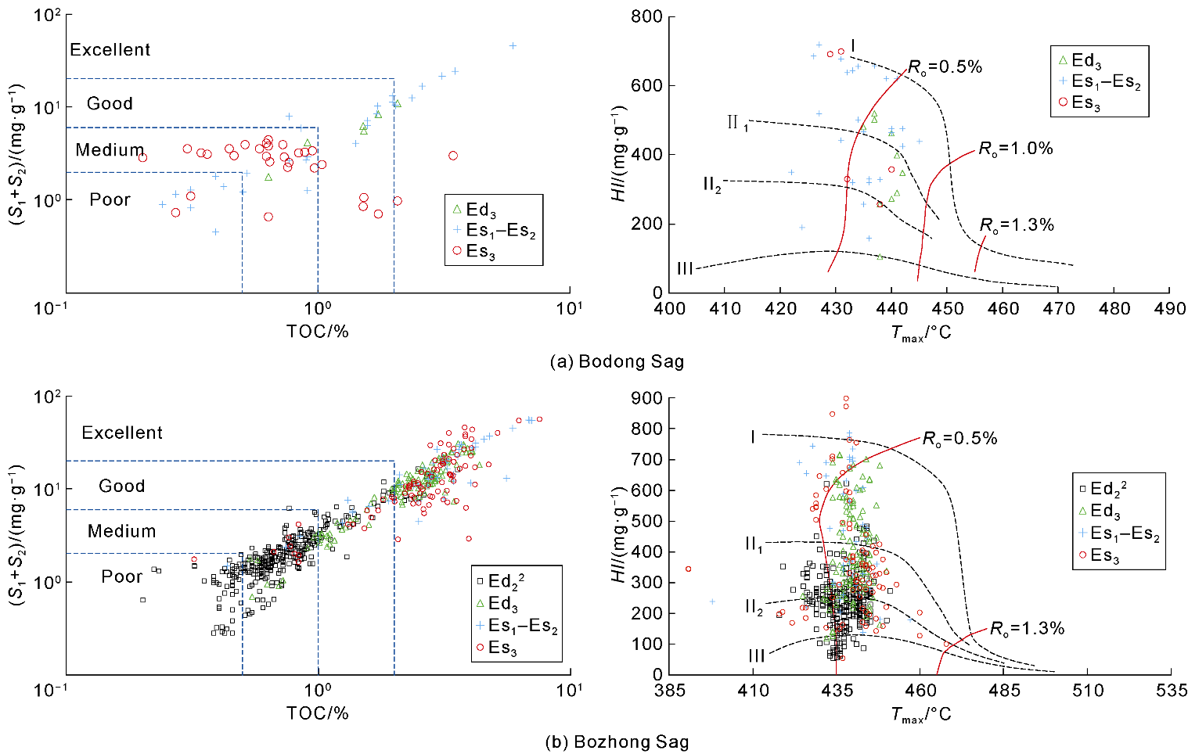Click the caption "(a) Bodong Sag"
coord(617,361)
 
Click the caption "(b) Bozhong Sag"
coord(617,742)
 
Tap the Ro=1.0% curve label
coord(1016,149)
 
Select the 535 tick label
coord(1171,691)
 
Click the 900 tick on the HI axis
coord(646,398)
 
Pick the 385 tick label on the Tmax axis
coord(670,691)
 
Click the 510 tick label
coord(1088,691)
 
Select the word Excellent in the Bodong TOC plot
coord(110,50)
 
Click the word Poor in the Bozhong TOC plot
coord(122,577)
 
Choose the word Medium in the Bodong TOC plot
coord(110,150)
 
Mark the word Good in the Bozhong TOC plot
coord(122,487)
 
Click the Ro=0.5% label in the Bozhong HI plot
coord(959,439)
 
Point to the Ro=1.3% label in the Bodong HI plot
coord(1017,225)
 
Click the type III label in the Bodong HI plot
coord(685,269)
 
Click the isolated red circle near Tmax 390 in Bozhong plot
coord(689,569)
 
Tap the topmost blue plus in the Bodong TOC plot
coord(513,46)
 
